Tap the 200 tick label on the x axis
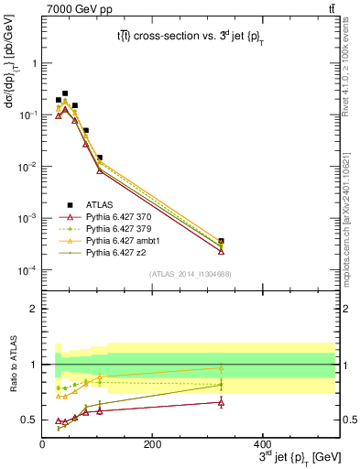(x=152, y=444)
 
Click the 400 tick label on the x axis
(x=262, y=444)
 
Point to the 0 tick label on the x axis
(x=42, y=444)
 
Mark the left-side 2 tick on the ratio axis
(x=33, y=309)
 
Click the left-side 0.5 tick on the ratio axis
(x=28, y=420)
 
